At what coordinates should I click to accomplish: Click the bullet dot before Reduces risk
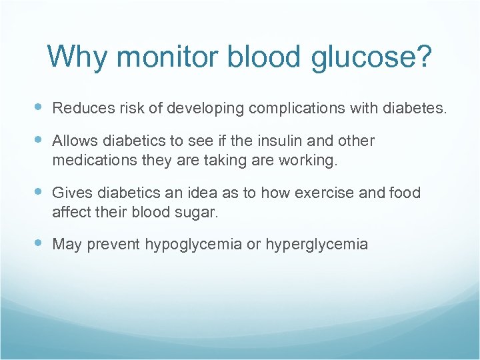[x=38, y=107]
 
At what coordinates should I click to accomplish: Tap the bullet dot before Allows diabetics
[x=38, y=141]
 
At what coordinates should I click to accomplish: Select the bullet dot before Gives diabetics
[x=38, y=193]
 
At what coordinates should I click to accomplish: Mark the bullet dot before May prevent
[x=38, y=244]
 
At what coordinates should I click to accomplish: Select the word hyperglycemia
[x=317, y=245]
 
